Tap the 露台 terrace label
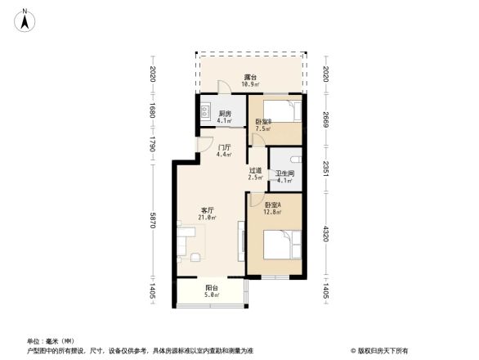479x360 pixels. tap(251, 78)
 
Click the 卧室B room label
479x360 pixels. tap(263, 122)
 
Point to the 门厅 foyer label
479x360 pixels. tap(223, 147)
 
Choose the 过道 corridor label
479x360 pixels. tap(255, 170)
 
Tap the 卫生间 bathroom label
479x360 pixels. tap(284, 173)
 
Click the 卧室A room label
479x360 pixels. tap(272, 205)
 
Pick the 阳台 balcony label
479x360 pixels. tap(212, 287)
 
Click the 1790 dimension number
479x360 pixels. tap(152, 145)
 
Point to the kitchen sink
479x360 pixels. tap(205, 111)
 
